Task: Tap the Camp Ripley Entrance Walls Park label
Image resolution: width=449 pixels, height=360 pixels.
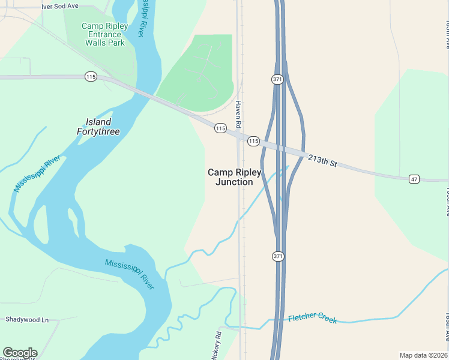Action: click(104, 34)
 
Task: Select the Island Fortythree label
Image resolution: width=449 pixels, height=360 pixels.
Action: click(98, 127)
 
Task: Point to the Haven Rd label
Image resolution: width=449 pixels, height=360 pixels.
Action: click(238, 113)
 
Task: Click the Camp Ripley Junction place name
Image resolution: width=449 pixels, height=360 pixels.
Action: click(235, 177)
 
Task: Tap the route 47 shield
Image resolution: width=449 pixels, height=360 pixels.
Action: click(414, 179)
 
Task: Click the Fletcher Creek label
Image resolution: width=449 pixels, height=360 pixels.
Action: click(313, 319)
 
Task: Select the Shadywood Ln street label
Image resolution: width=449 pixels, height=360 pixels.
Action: click(27, 320)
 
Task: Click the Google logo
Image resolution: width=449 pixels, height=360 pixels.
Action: click(20, 353)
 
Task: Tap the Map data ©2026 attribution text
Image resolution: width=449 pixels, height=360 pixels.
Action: click(423, 355)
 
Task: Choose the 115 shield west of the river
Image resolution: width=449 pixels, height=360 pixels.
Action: click(91, 77)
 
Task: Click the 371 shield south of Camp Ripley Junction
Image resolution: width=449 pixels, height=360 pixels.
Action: click(277, 256)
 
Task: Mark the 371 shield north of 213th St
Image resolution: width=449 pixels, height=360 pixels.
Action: click(277, 79)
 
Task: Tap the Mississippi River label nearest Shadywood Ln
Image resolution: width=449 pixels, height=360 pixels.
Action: click(130, 274)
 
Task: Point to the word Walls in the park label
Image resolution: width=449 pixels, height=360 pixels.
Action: click(97, 43)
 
